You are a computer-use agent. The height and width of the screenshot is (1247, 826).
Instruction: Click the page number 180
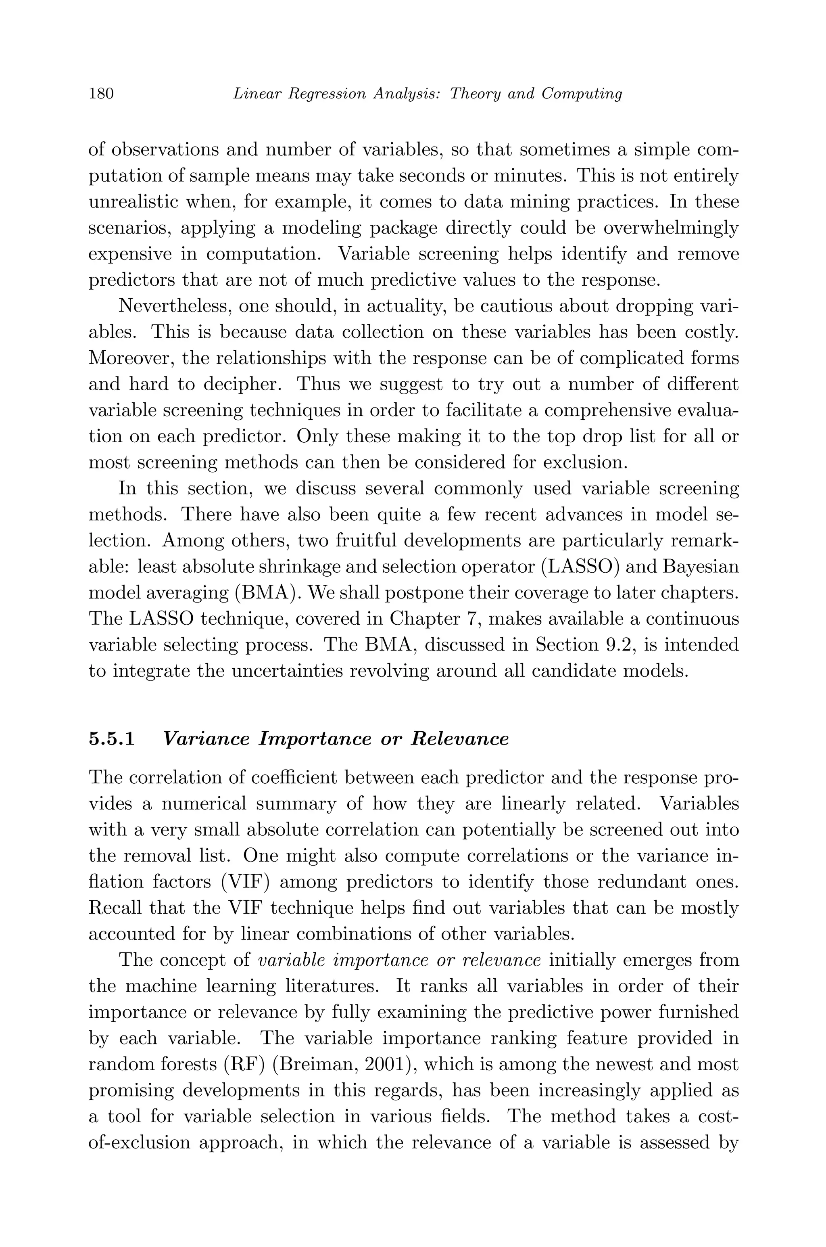coord(101,94)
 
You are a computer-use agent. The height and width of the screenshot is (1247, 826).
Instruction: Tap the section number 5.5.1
coord(112,739)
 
